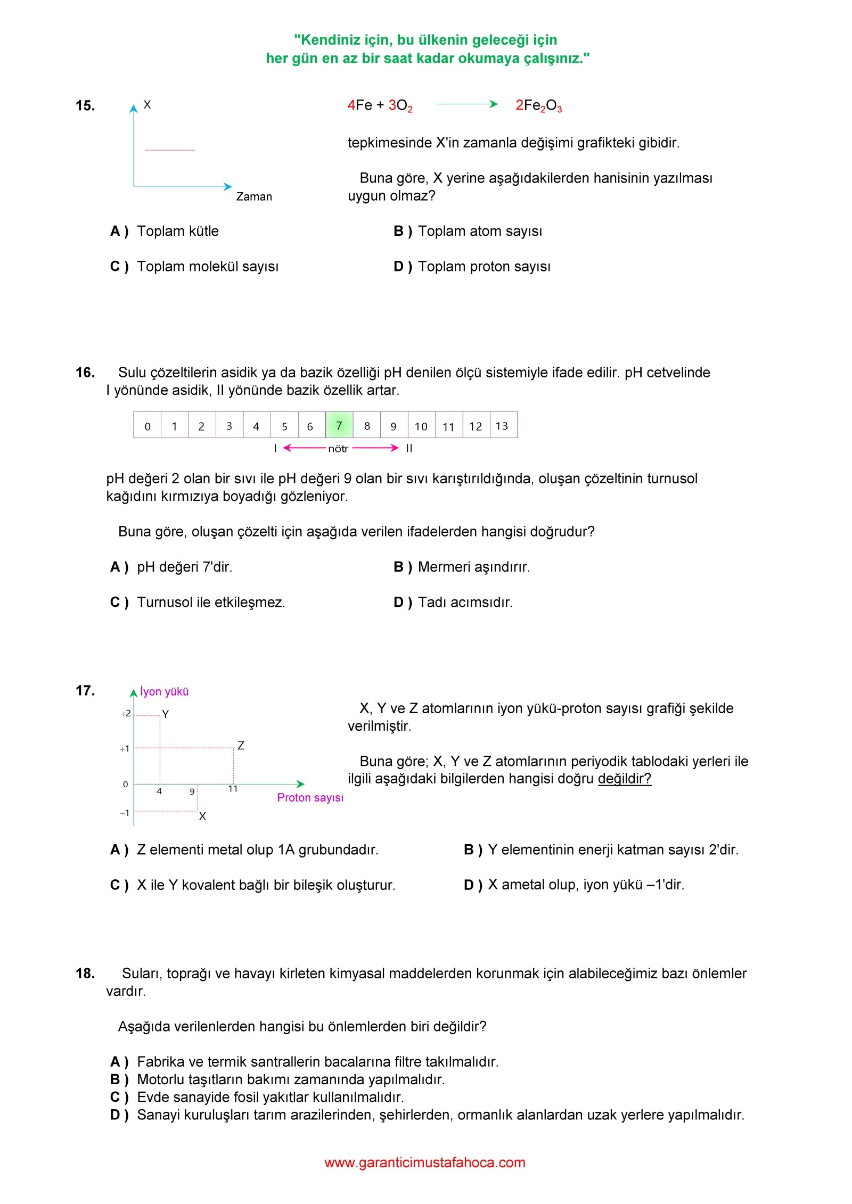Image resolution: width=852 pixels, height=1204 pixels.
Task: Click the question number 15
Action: click(85, 105)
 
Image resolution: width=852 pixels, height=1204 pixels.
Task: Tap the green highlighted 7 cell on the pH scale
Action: click(339, 425)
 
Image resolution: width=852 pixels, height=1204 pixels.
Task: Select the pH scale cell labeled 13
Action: click(502, 426)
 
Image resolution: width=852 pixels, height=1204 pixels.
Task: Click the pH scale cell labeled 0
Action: click(148, 426)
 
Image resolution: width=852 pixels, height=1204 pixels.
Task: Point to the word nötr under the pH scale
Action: click(338, 449)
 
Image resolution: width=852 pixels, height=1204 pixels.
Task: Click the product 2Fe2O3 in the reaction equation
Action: click(538, 105)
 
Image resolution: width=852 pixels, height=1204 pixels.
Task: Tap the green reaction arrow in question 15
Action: click(466, 104)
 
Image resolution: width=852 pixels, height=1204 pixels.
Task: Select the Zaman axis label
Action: click(254, 196)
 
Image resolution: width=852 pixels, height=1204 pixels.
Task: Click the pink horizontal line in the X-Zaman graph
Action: click(170, 150)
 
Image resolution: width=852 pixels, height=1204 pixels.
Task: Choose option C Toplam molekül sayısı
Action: click(207, 266)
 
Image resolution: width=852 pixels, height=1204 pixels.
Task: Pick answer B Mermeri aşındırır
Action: click(473, 567)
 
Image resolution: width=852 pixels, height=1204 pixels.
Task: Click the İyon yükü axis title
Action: click(164, 691)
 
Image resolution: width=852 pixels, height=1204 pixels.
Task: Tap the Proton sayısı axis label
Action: click(310, 797)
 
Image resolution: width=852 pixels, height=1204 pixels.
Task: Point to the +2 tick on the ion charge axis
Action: click(126, 714)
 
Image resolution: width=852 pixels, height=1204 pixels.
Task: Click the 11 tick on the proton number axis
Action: click(233, 789)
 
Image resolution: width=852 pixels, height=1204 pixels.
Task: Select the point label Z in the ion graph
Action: click(241, 746)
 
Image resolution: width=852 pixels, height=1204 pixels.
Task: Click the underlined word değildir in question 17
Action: click(624, 779)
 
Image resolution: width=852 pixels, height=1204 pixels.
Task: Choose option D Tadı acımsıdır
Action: click(465, 602)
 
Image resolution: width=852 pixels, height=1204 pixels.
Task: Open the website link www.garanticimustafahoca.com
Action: click(425, 1162)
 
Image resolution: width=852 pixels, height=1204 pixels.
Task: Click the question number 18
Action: click(85, 974)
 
